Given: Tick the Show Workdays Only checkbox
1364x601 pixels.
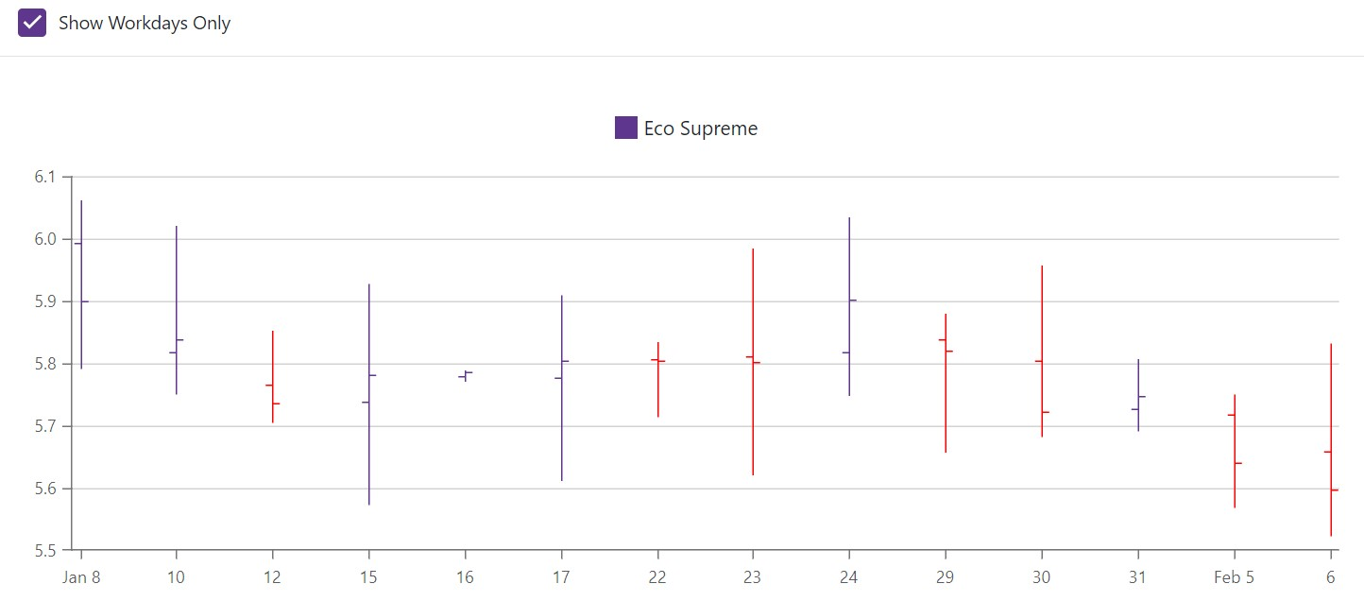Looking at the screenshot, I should click(x=32, y=23).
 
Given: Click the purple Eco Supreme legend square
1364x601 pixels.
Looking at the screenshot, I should click(x=625, y=128).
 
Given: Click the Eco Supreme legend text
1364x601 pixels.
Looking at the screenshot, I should click(x=700, y=129).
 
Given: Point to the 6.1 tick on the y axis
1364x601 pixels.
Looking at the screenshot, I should click(x=45, y=178).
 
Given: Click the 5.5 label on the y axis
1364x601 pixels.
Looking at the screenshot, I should click(x=45, y=549).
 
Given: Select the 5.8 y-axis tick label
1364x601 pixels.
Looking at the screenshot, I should click(x=45, y=364).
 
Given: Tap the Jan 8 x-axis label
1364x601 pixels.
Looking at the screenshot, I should click(x=81, y=577).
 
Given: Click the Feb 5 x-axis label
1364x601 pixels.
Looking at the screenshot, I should click(x=1234, y=577).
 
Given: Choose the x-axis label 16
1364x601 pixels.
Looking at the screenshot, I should click(x=465, y=577).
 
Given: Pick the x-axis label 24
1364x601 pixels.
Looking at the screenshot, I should click(x=849, y=577).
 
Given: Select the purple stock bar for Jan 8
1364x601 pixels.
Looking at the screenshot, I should click(x=81, y=283).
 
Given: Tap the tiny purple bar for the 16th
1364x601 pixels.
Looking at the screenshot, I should click(x=465, y=375).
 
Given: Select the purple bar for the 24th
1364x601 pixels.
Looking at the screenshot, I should click(x=849, y=306).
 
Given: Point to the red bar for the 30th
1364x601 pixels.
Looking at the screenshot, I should click(x=1042, y=351).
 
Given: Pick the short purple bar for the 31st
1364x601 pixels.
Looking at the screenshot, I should click(x=1138, y=395).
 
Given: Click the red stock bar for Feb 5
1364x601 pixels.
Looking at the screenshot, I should click(x=1234, y=451).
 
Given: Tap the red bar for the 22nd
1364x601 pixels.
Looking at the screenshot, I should click(x=657, y=379).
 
